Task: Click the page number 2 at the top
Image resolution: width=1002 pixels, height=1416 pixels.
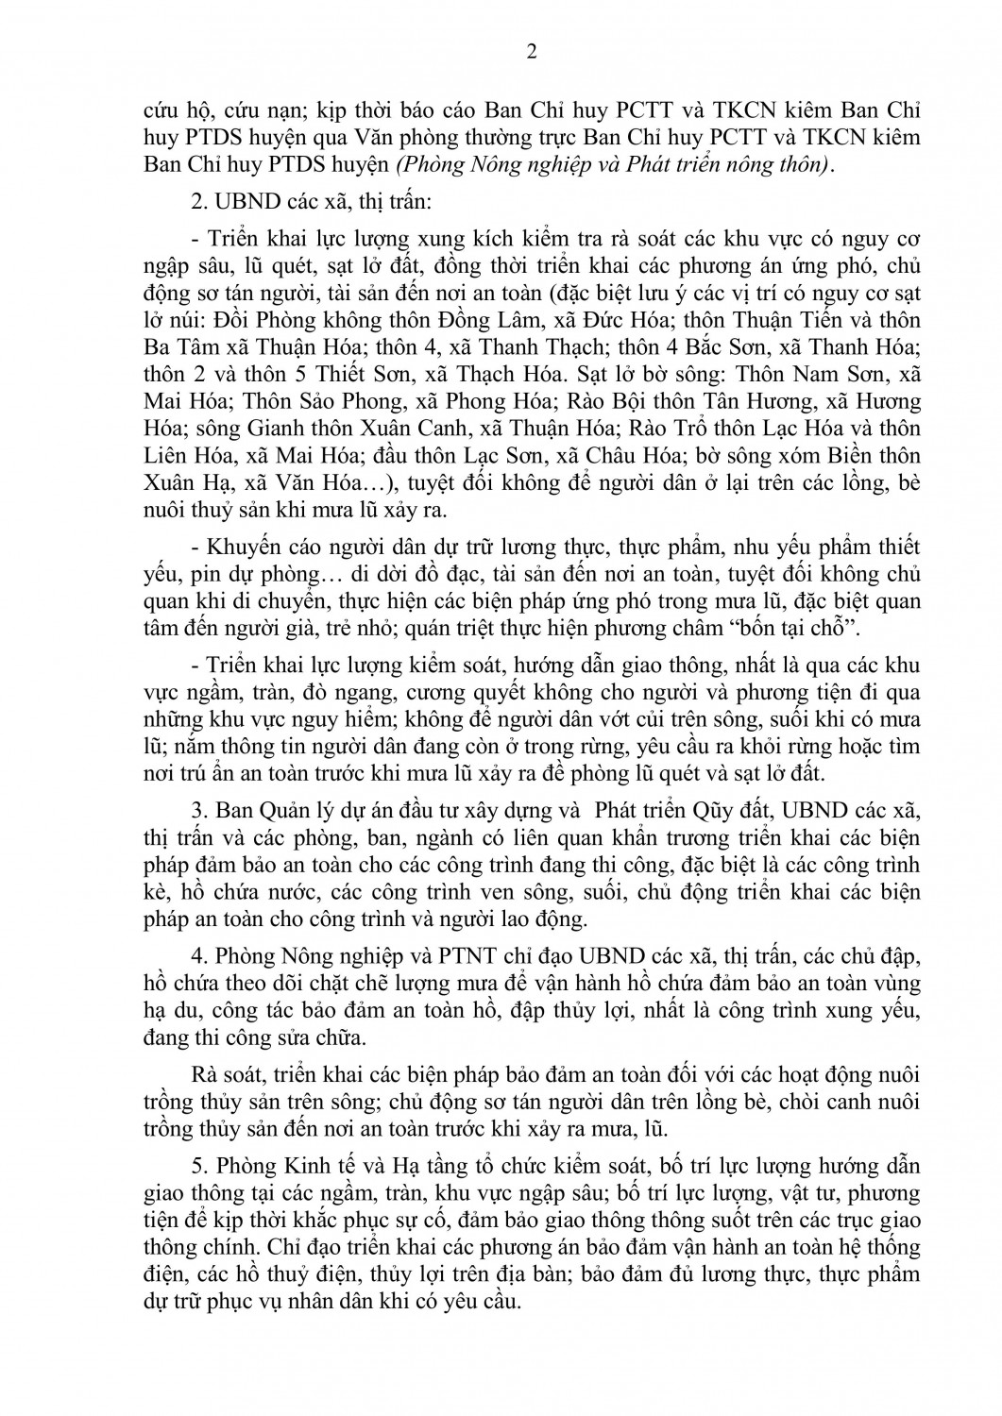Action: coord(530,52)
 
